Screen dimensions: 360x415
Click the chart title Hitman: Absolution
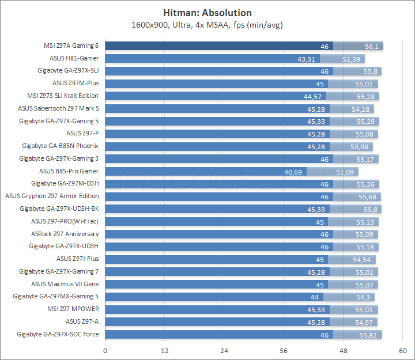tap(207, 13)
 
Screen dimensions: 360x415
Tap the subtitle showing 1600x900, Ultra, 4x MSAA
tap(207, 25)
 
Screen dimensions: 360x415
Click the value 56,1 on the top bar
tap(372, 46)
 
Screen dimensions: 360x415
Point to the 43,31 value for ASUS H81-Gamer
tap(306, 59)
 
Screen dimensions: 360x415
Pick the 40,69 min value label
tap(293, 172)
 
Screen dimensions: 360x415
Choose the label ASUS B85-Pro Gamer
tap(69, 171)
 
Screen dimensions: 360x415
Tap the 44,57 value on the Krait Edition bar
tap(312, 96)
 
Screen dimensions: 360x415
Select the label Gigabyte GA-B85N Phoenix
tap(60, 146)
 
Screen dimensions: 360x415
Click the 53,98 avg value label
tap(362, 146)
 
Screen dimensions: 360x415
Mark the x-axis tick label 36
tap(284, 351)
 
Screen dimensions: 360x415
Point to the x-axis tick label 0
tap(105, 351)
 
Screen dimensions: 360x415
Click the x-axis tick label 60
tap(403, 351)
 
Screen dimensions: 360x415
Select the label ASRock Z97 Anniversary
tap(65, 234)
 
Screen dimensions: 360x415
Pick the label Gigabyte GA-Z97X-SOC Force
tap(58, 334)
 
